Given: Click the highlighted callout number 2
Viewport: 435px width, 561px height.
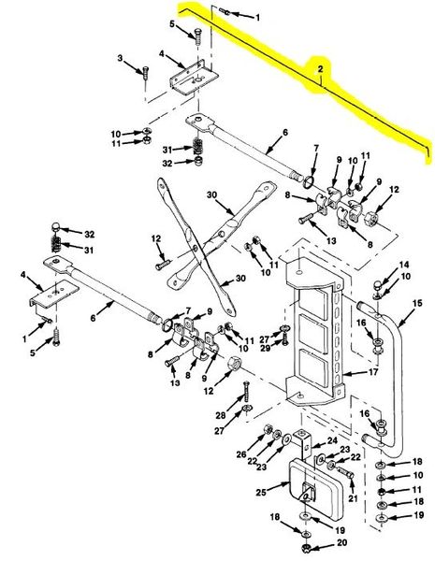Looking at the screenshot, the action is [320, 68].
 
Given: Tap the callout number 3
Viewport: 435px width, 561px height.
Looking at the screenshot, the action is [120, 58].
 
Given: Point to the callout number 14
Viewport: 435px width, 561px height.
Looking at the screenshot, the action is [404, 265].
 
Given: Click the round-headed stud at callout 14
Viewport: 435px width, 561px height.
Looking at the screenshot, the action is [378, 285].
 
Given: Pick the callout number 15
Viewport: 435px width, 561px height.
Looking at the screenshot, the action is [417, 303].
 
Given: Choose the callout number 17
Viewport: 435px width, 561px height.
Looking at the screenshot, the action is [373, 372].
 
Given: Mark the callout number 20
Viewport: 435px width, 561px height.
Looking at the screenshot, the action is [341, 542].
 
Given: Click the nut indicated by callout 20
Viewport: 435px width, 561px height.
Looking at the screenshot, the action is [306, 548].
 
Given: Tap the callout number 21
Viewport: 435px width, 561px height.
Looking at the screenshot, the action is [353, 498].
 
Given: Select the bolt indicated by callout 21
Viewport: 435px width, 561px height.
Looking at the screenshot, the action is [345, 474].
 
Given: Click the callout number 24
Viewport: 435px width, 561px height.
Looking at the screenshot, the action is [332, 440].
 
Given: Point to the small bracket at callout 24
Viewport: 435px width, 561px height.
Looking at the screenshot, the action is [303, 444].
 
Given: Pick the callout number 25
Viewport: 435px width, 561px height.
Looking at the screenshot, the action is [261, 493].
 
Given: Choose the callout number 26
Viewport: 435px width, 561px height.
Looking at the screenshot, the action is [241, 454].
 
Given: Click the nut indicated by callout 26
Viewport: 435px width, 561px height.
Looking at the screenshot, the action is [268, 428].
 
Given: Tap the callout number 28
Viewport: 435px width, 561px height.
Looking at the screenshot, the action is [220, 415].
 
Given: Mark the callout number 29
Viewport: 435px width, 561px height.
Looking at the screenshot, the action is [265, 348].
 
